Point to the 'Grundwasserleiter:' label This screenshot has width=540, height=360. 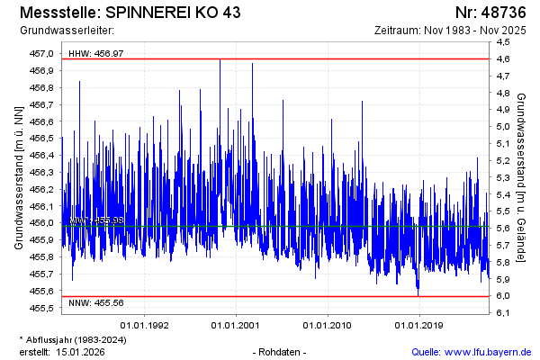(60, 31)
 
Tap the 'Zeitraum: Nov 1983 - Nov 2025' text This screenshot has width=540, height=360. (455, 31)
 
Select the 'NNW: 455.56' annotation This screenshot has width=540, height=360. (96, 303)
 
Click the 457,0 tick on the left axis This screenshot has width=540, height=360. (41, 54)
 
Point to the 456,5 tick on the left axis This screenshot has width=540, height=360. (41, 139)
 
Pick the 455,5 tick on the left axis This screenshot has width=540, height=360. (41, 308)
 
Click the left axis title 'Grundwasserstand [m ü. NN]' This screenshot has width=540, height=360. (18, 176)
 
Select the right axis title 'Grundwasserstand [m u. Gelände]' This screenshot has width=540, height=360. (522, 176)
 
